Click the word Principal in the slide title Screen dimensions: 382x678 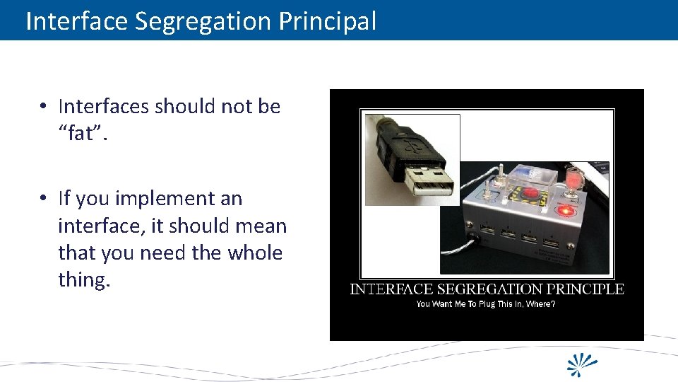point(327,21)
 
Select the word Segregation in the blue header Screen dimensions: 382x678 point(203,21)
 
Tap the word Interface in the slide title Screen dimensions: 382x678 point(76,21)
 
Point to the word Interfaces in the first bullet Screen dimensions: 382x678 point(104,106)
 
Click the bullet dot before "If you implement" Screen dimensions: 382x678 point(44,199)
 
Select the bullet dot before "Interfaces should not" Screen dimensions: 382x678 point(44,107)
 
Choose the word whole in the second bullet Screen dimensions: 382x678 point(254,253)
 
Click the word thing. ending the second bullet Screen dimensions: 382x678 point(84,279)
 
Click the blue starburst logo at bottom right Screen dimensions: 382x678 point(583,364)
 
